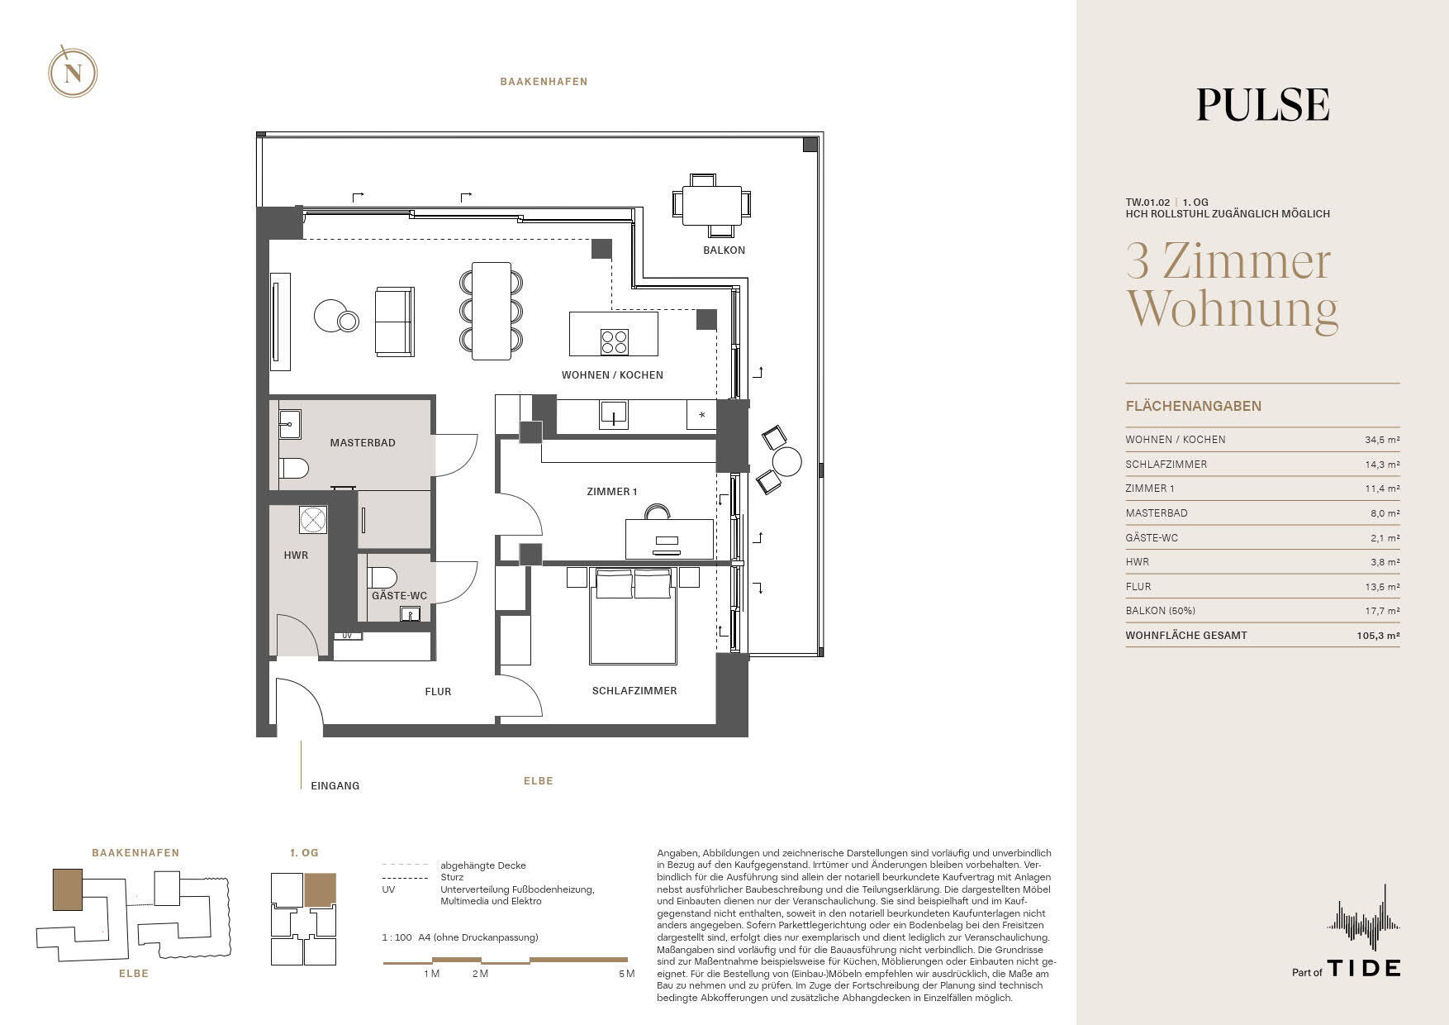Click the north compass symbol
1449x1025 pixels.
click(x=73, y=74)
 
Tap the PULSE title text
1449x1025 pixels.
click(x=1262, y=105)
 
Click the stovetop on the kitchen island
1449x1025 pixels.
click(x=614, y=341)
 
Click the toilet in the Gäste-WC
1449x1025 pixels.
click(x=381, y=576)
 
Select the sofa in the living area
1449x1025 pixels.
click(x=394, y=322)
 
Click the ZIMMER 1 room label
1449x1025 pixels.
click(x=611, y=492)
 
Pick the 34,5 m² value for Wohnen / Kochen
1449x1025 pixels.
click(x=1382, y=441)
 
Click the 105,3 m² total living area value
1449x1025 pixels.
click(x=1378, y=636)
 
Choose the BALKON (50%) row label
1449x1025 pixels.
click(x=1160, y=611)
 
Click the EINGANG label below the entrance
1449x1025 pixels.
click(x=335, y=786)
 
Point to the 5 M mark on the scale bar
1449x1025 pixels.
click(x=626, y=974)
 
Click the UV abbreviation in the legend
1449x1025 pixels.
click(x=388, y=889)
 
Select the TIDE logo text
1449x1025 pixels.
click(x=1363, y=968)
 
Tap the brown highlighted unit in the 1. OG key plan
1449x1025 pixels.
click(x=321, y=890)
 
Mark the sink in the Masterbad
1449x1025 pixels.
click(x=289, y=424)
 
